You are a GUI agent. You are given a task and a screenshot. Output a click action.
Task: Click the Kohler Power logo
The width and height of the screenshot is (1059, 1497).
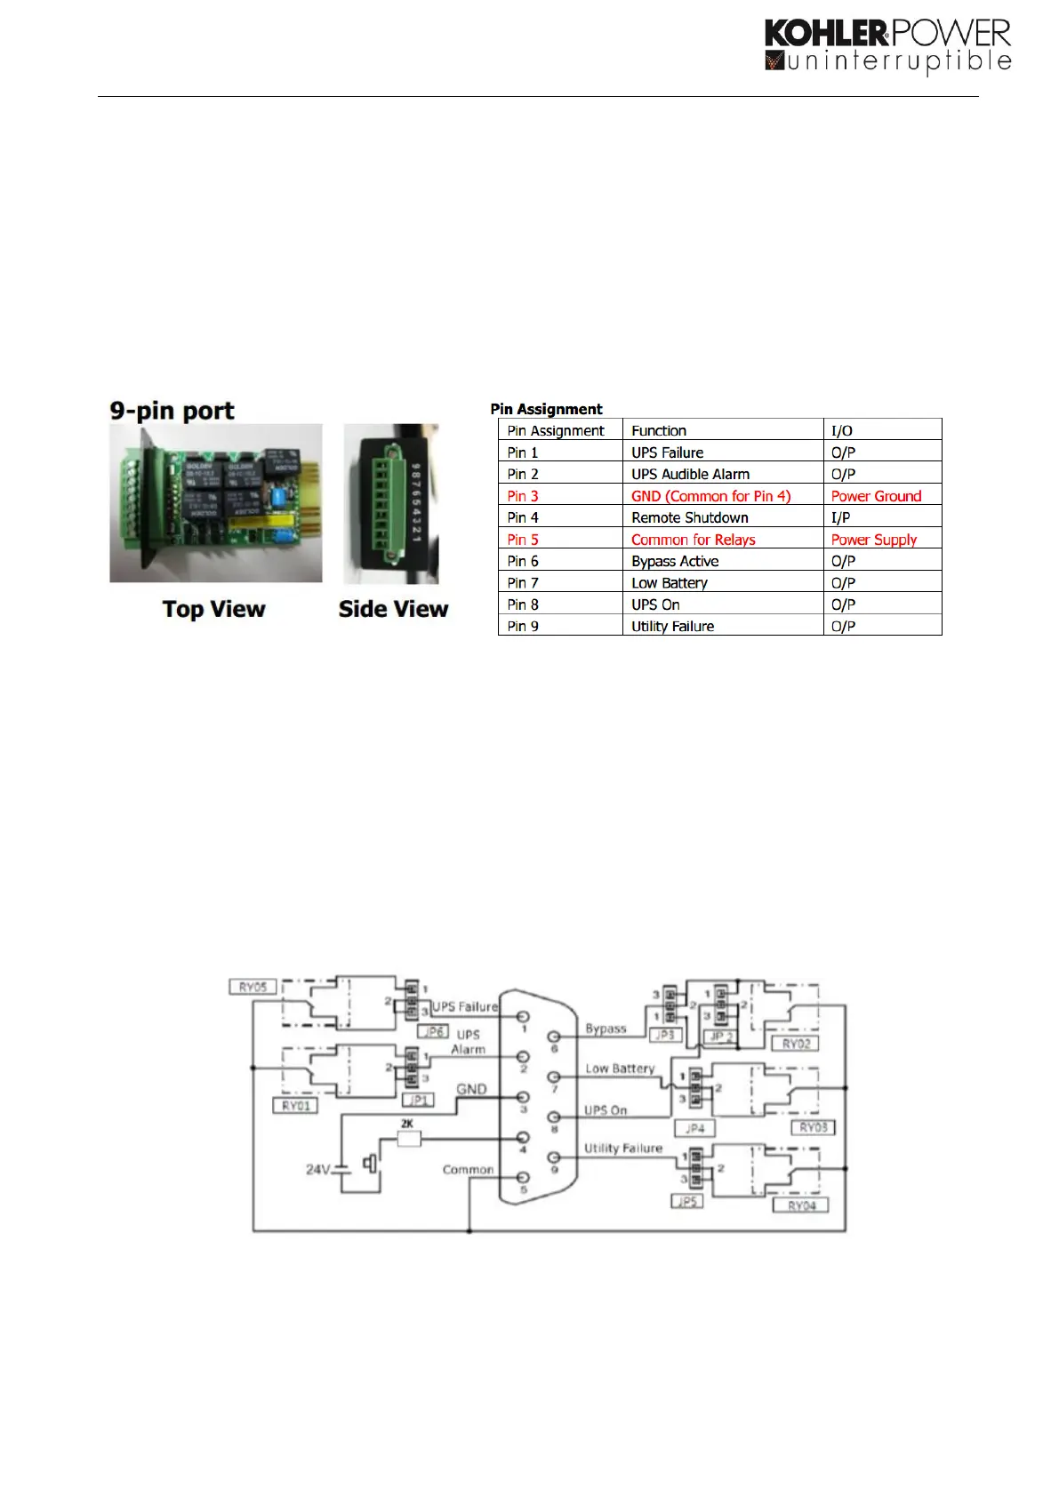click(x=887, y=46)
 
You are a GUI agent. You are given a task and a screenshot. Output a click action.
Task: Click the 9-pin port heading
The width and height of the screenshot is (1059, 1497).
click(x=172, y=411)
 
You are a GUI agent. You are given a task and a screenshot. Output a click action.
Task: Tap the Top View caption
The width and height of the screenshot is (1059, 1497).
click(x=213, y=610)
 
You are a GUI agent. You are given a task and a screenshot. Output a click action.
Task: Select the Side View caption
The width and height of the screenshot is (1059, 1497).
click(x=393, y=610)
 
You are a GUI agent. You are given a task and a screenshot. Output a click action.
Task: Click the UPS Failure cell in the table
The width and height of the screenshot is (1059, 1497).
click(x=667, y=452)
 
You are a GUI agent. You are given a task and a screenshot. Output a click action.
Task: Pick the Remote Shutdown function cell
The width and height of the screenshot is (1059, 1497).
click(x=689, y=517)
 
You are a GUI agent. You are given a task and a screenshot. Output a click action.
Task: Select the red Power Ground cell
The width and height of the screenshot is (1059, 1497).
click(x=876, y=496)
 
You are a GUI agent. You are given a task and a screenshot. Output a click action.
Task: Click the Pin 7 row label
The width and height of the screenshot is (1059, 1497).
click(x=523, y=583)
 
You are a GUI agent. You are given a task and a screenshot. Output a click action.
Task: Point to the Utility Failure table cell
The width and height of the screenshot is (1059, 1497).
click(x=672, y=627)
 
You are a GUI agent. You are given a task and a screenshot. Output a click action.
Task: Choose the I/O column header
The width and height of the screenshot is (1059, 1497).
click(x=841, y=431)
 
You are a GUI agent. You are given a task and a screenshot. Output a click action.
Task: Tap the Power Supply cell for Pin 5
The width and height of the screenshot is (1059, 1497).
click(x=873, y=540)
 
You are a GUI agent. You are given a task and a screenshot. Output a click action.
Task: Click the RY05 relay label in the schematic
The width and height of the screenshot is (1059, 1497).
click(x=253, y=987)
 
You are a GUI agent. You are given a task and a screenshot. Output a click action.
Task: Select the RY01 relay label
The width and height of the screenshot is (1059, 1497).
click(x=296, y=1106)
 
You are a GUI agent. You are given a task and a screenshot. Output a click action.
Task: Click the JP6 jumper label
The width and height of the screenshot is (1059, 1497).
click(x=433, y=1032)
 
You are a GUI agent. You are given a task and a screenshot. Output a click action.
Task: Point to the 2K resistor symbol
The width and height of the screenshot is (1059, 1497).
click(x=408, y=1139)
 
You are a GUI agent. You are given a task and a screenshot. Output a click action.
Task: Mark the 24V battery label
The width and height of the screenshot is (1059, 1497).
click(x=318, y=1170)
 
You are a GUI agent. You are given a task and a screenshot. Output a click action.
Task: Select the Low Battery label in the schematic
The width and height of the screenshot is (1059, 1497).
click(x=620, y=1069)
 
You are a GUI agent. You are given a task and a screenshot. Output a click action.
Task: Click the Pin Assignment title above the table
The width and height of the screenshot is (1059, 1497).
click(x=546, y=409)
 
